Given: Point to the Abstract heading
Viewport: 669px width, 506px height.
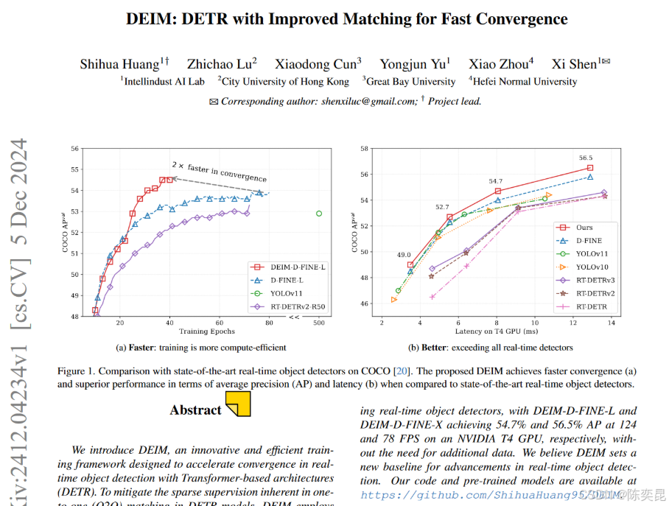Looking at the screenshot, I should click(195, 410).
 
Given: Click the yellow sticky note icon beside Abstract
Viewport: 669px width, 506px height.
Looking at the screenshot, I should click(238, 404).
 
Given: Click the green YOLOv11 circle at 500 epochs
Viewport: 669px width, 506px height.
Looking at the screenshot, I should click(319, 214).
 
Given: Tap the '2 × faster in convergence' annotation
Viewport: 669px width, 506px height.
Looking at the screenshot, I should click(219, 171).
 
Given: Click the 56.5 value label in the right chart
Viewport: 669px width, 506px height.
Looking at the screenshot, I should click(585, 158).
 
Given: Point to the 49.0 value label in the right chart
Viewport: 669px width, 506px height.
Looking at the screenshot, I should click(404, 255).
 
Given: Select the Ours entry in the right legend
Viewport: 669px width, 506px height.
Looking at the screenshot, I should click(585, 228).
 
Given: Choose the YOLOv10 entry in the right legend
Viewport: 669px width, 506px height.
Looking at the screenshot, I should click(592, 267).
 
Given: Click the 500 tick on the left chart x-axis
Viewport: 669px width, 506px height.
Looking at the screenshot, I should click(319, 323).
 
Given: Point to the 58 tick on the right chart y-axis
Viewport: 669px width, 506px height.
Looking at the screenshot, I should click(364, 149).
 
